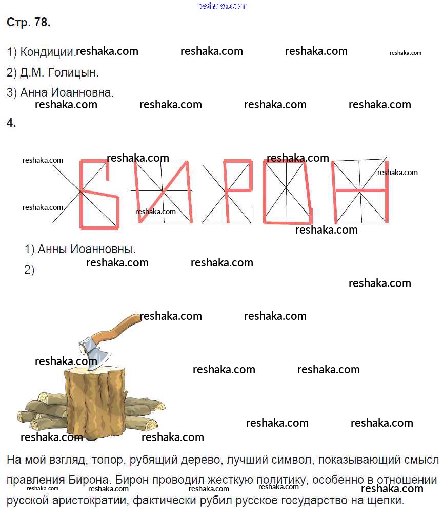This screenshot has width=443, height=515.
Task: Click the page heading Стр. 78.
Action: (x=29, y=22)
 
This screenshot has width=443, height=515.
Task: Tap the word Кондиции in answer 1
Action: (x=47, y=52)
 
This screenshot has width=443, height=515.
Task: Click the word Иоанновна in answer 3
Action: (x=83, y=92)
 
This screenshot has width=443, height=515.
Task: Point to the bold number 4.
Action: (x=11, y=123)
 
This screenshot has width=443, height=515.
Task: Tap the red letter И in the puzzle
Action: (x=163, y=192)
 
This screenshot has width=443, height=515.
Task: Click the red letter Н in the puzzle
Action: (x=360, y=190)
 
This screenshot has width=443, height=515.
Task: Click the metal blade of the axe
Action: (x=95, y=353)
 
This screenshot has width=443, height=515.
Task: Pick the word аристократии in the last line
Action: (x=90, y=501)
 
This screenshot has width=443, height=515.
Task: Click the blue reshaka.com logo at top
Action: (x=222, y=6)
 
